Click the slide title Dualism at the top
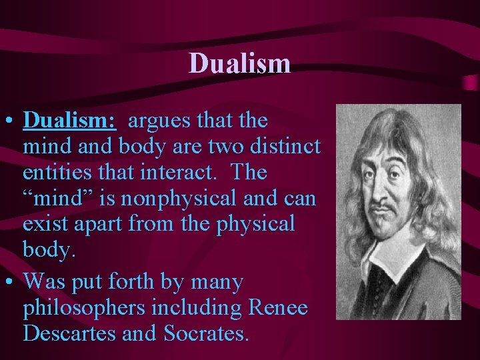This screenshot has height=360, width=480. point(239,63)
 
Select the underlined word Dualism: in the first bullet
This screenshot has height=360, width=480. point(70,121)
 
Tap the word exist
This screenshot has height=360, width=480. point(45,223)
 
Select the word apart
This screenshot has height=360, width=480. point(101,225)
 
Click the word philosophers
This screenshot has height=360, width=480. point(84,309)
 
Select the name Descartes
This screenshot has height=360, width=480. point(69,333)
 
